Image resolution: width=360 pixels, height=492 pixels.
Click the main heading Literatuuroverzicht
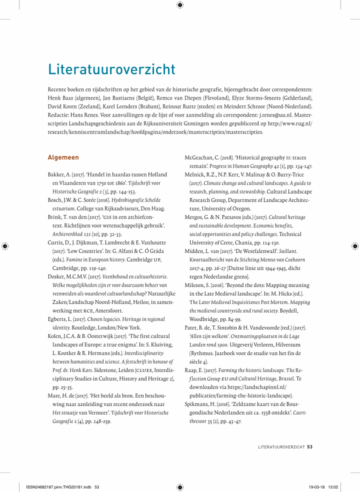111,69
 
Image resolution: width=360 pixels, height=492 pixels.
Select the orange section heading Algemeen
63,157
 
